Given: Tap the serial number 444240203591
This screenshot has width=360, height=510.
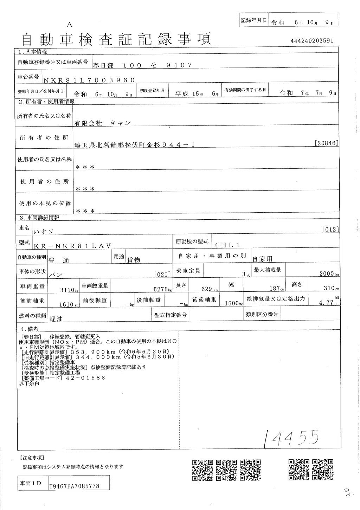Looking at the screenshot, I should coord(312,41).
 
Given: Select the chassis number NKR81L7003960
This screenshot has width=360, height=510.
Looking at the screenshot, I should coord(89,80).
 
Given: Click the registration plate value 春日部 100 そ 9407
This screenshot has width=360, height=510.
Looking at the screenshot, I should coord(143,65).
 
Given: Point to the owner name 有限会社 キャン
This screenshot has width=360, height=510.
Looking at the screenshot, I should coord(102,123).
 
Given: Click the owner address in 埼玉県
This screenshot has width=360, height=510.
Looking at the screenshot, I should coord(135,144).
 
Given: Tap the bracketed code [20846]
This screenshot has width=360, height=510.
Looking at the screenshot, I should coord(327,143).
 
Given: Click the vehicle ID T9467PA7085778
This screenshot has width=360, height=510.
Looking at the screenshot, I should coord(75,486).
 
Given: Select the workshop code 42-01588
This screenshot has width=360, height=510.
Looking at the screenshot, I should coord(88,378).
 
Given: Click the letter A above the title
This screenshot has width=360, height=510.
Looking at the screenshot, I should coord(69,24).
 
